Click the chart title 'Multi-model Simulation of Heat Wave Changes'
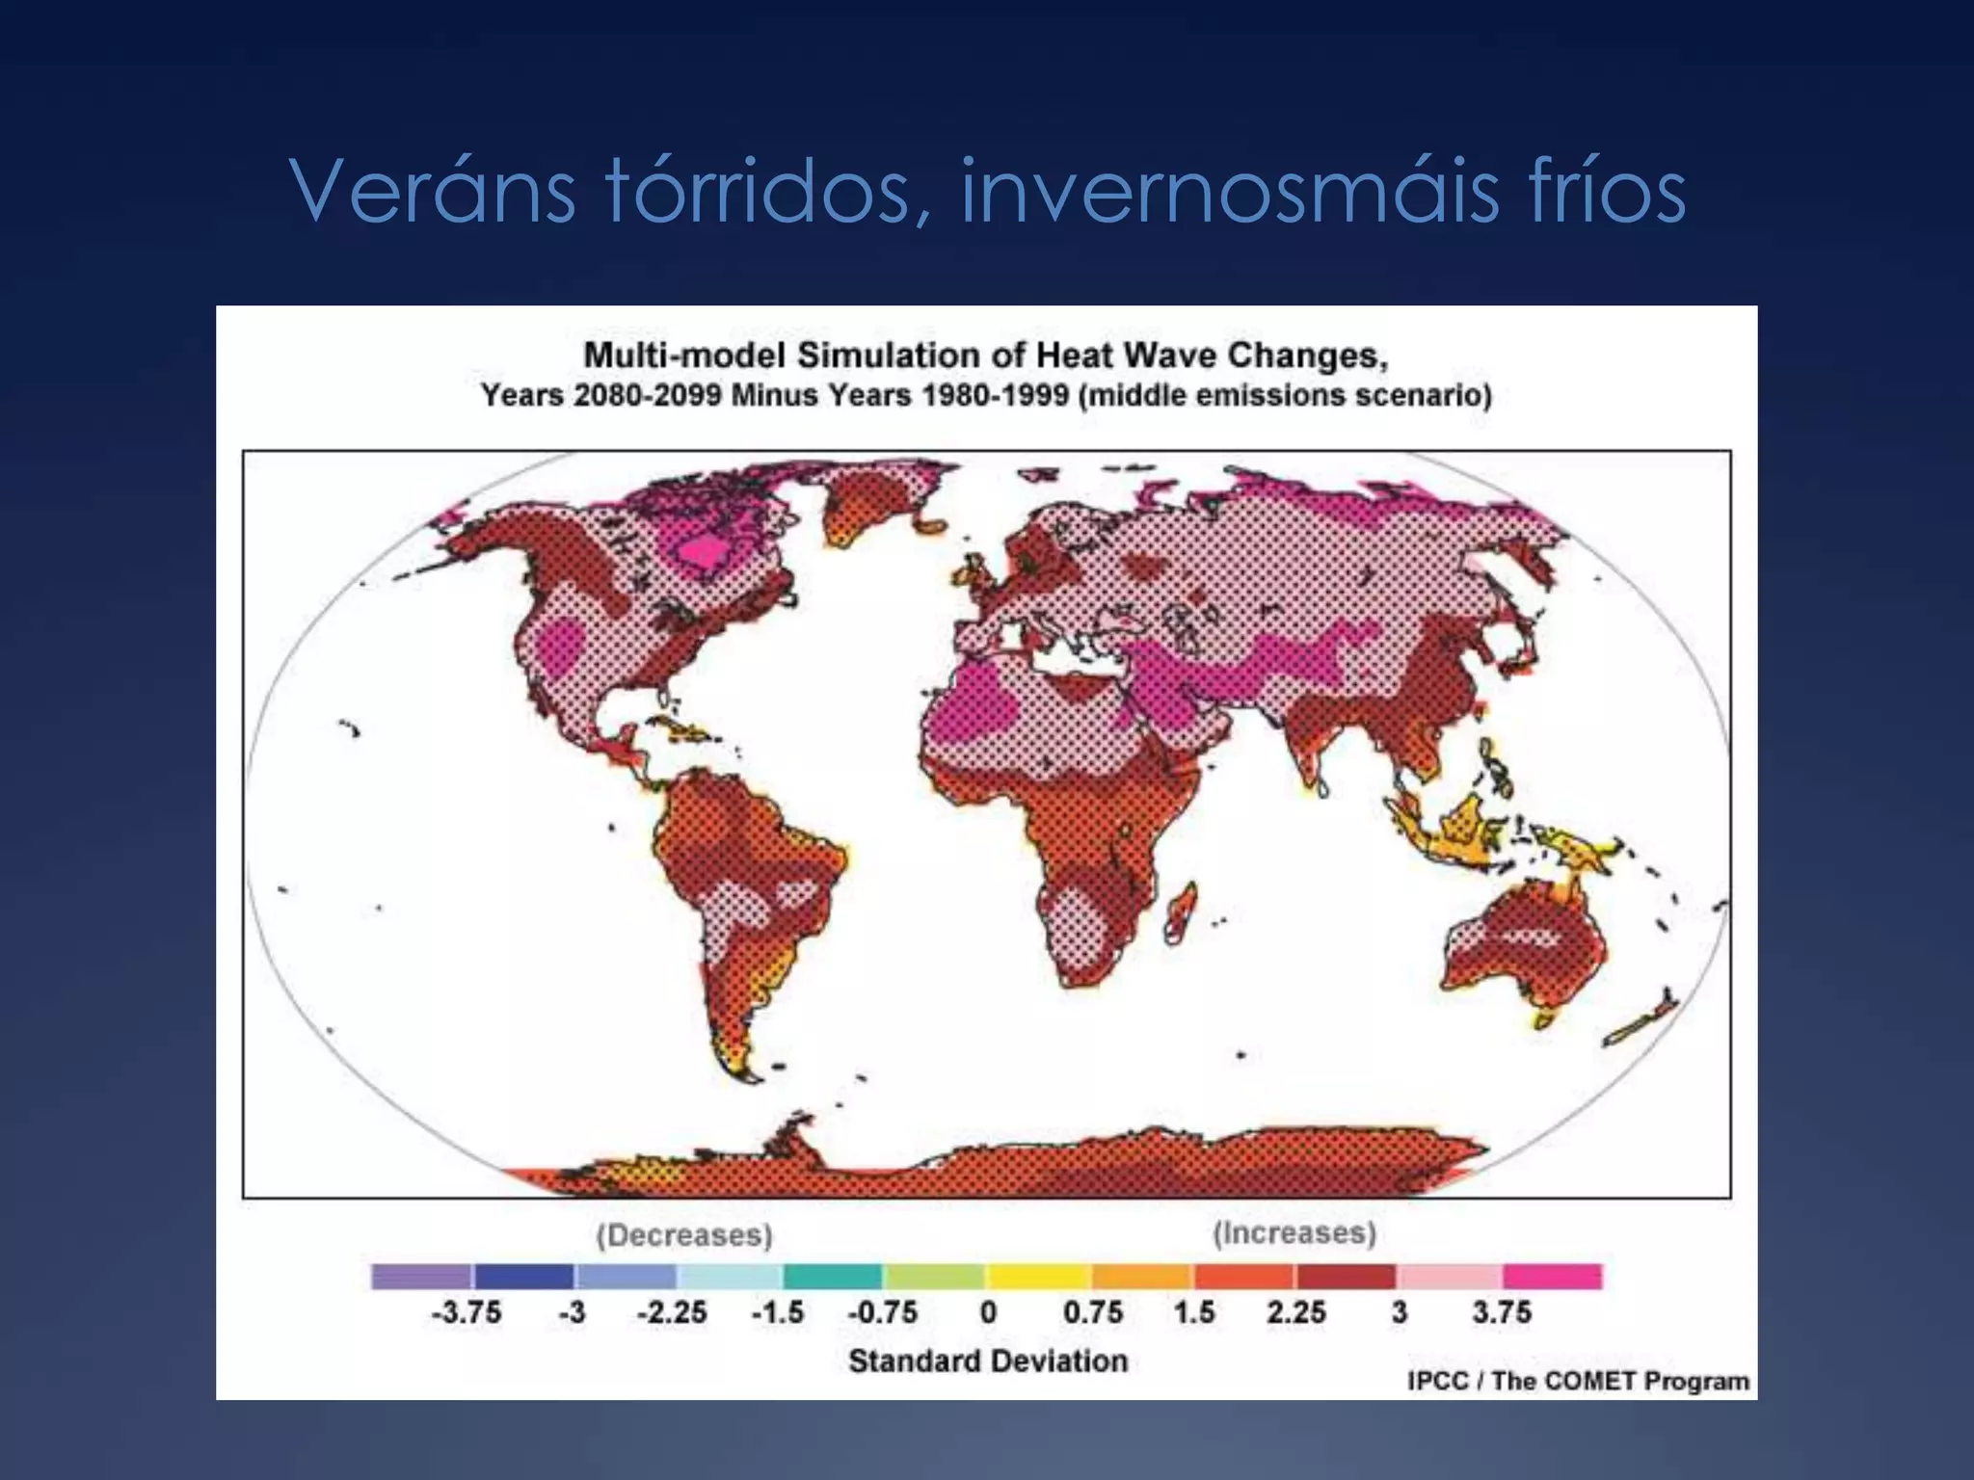point(985,356)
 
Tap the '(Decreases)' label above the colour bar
point(684,1234)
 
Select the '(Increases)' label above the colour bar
point(1294,1232)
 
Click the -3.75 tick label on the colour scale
point(466,1312)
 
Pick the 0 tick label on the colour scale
point(988,1312)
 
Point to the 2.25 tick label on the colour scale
point(1295,1312)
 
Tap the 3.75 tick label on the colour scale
point(1501,1312)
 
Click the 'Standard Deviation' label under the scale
point(988,1361)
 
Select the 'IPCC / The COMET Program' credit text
point(1578,1381)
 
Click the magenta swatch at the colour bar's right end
point(1552,1277)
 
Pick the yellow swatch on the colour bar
point(1038,1277)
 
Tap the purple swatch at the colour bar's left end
point(421,1277)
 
